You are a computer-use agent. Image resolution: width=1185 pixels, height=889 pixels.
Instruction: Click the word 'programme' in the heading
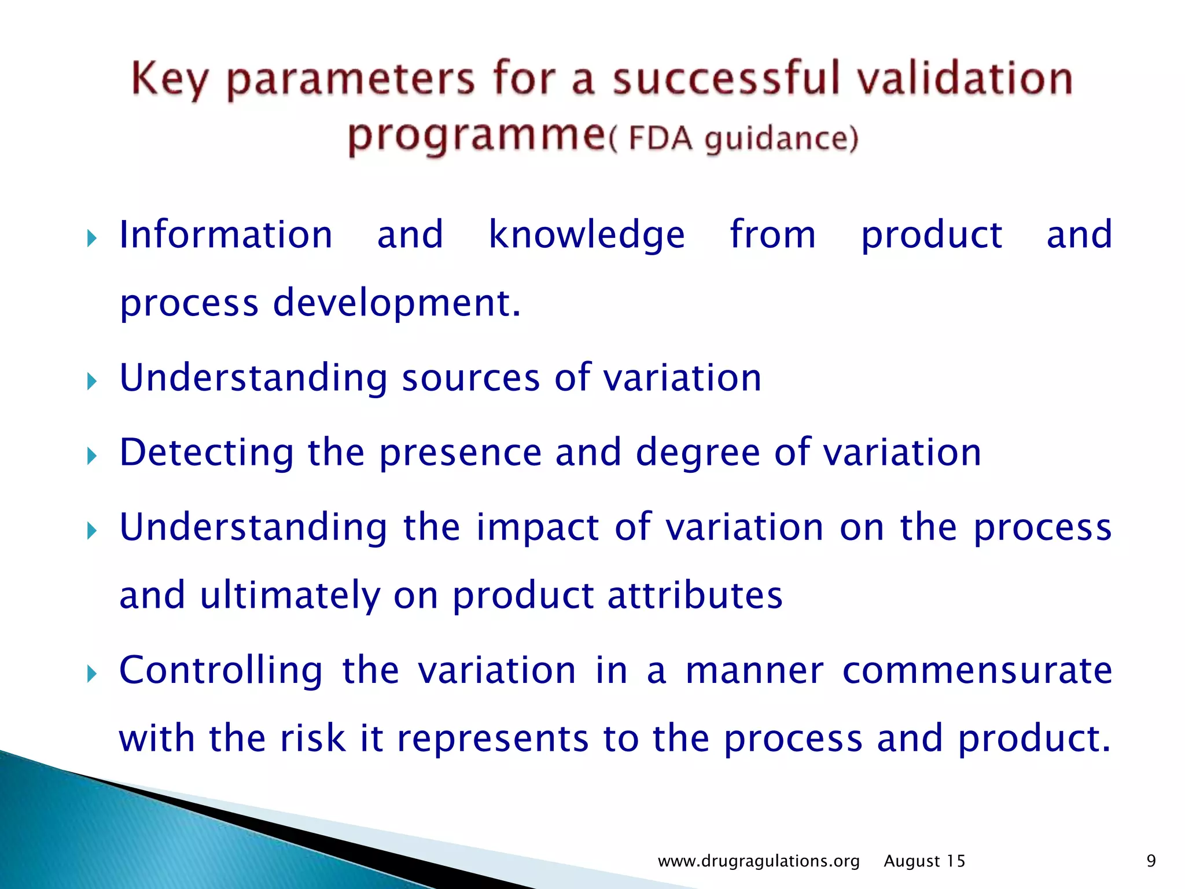[x=476, y=137]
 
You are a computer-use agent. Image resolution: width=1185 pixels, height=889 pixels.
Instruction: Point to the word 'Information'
[x=226, y=235]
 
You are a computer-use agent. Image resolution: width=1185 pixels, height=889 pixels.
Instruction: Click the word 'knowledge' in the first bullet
[x=587, y=235]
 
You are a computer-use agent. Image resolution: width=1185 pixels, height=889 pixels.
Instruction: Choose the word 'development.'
[x=397, y=303]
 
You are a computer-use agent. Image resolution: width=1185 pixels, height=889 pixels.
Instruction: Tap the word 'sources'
[x=471, y=378]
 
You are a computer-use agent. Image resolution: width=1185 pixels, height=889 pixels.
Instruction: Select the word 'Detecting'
[x=207, y=453]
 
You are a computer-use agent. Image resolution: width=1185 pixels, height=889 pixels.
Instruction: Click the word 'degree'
[x=697, y=453]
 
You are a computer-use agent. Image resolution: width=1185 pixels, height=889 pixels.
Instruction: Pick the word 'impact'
[x=538, y=527]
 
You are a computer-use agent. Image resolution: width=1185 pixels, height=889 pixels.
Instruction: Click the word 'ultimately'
[x=290, y=596]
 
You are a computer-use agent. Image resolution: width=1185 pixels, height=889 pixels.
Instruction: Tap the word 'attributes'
[x=695, y=596]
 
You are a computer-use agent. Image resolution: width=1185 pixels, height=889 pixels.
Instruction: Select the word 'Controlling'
[x=220, y=670]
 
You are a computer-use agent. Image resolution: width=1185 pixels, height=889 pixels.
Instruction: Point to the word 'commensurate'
[x=977, y=670]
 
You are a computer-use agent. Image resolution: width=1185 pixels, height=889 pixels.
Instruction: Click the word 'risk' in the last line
[x=313, y=739]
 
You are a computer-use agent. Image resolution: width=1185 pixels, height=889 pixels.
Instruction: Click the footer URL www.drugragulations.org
[x=759, y=861]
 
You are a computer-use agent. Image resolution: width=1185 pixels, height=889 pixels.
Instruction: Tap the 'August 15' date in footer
[x=924, y=861]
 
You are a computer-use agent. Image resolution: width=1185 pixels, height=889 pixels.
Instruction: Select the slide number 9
[x=1151, y=861]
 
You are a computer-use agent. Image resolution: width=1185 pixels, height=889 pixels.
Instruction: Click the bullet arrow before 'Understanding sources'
[x=91, y=381]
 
